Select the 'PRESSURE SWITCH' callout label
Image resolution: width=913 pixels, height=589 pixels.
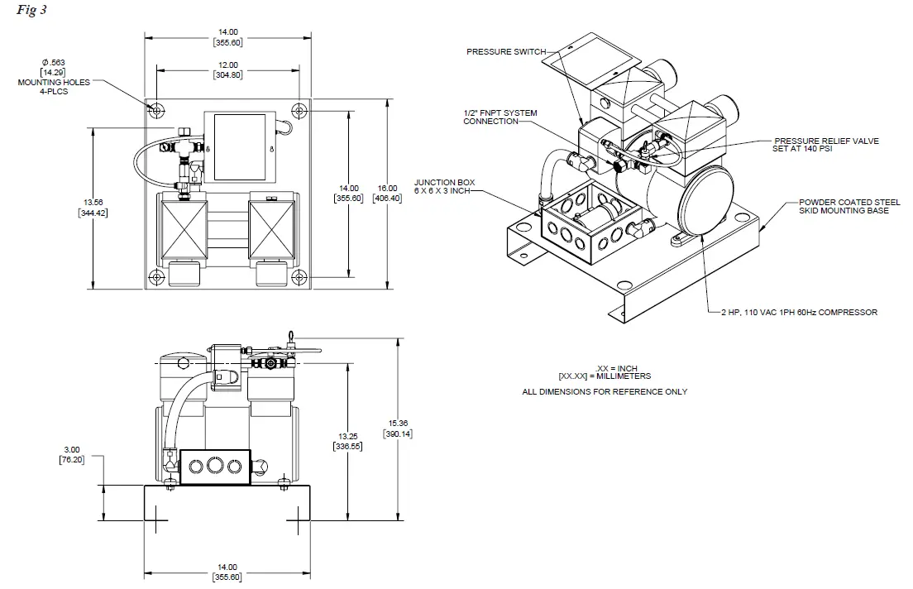[506, 51]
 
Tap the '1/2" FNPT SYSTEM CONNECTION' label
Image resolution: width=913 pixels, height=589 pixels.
[500, 117]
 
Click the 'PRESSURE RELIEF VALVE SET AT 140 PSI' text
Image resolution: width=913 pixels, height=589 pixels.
[826, 145]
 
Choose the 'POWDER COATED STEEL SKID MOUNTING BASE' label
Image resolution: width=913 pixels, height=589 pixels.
[844, 206]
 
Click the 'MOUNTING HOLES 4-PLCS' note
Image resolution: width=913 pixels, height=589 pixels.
[54, 87]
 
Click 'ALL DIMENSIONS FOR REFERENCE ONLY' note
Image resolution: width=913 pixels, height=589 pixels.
[604, 391]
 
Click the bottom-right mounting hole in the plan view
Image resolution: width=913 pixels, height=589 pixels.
[299, 276]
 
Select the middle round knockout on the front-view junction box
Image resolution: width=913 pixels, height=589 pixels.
[215, 467]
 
